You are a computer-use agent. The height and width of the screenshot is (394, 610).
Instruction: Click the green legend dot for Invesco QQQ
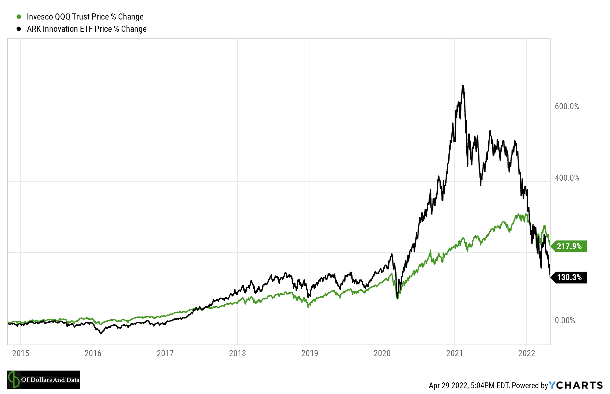(19, 17)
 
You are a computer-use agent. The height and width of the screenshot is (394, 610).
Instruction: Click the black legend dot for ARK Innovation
(19, 29)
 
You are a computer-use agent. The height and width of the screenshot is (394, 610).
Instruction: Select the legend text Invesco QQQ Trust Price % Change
(85, 17)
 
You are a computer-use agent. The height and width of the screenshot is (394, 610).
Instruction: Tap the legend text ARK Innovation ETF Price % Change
(87, 29)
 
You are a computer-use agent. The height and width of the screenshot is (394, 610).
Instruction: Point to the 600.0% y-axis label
(567, 107)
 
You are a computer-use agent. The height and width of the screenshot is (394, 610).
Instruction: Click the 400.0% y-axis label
(567, 178)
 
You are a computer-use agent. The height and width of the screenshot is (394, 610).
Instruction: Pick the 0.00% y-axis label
(565, 320)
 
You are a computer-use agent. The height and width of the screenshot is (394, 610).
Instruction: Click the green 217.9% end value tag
(569, 246)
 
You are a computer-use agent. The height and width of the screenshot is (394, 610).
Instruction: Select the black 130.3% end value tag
(569, 277)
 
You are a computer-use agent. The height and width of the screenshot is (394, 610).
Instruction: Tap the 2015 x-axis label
(21, 353)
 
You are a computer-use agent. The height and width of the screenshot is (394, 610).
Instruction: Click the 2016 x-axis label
(93, 353)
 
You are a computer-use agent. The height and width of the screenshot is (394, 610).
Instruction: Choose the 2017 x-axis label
(165, 353)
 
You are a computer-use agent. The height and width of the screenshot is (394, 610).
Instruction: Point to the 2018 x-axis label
(238, 353)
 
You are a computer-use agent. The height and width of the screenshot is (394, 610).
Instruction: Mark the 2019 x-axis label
(310, 353)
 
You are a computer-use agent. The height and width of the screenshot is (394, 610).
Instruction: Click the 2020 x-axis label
(382, 353)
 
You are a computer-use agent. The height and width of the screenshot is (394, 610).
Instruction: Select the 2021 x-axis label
(455, 353)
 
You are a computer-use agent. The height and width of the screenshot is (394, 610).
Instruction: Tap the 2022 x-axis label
(527, 353)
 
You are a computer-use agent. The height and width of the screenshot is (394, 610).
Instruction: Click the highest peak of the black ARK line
(463, 86)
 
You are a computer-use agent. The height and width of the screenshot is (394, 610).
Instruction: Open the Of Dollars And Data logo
(44, 380)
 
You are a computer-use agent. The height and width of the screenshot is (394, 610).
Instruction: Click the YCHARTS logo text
(576, 385)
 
